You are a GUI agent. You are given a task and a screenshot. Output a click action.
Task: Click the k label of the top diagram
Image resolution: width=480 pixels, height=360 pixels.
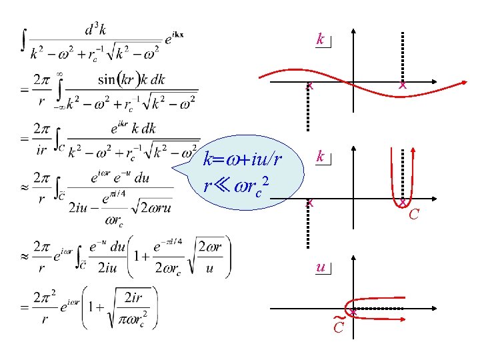pos(321,40)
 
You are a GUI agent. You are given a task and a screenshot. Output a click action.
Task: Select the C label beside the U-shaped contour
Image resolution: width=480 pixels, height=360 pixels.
pos(414,214)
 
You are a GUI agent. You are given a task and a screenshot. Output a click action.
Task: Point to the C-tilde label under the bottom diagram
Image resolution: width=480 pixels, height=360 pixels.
pos(339,326)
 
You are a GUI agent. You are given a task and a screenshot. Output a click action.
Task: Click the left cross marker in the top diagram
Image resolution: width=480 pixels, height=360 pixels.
pos(309,85)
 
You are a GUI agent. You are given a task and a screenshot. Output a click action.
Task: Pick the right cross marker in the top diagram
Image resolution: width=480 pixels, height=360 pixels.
pos(402,85)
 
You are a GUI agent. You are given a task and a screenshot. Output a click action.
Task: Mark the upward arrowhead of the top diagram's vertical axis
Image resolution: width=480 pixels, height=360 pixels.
pos(353,31)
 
